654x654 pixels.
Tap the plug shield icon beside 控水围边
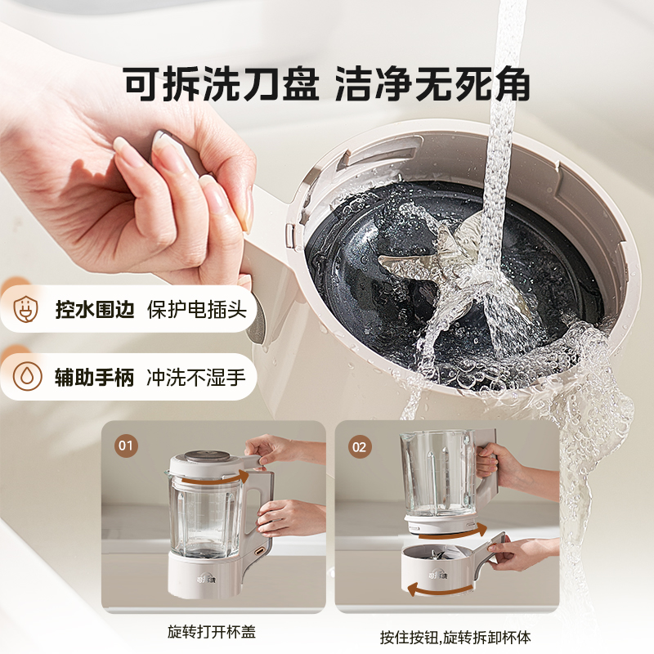point(27,310)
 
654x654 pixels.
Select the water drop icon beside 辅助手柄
point(27,376)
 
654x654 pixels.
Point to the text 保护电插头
point(196,311)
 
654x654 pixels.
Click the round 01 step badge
point(126,446)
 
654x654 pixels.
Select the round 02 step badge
point(360,446)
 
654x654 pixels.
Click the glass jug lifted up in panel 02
point(437,474)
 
